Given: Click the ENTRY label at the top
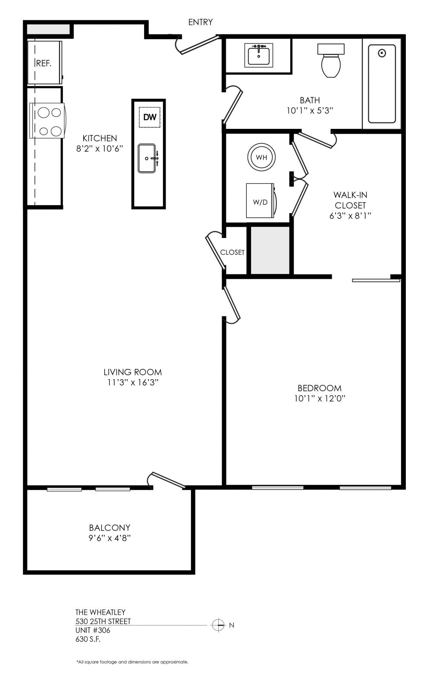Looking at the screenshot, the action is pyautogui.click(x=200, y=22).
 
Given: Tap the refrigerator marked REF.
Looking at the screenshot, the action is pyautogui.click(x=45, y=62).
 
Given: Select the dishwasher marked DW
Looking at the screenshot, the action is pyautogui.click(x=150, y=117).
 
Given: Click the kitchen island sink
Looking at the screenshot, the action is pyautogui.click(x=147, y=158).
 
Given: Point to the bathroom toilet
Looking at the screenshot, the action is pyautogui.click(x=331, y=60).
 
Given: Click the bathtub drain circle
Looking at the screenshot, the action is pyautogui.click(x=382, y=53).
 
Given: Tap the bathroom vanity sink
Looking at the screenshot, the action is pyautogui.click(x=259, y=56).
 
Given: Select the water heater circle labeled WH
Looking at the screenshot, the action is pyautogui.click(x=261, y=157).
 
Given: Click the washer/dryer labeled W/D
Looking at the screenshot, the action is pyautogui.click(x=261, y=200).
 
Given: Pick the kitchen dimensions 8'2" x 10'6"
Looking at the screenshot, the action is pyautogui.click(x=100, y=149).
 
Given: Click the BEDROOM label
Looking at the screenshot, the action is pyautogui.click(x=320, y=388).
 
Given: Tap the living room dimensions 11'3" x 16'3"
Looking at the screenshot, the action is pyautogui.click(x=133, y=382).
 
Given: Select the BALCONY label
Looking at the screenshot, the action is pyautogui.click(x=110, y=527).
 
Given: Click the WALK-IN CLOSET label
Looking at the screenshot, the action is pyautogui.click(x=350, y=200).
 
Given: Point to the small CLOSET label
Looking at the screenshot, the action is pyautogui.click(x=232, y=252).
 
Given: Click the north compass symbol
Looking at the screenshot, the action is pyautogui.click(x=218, y=625).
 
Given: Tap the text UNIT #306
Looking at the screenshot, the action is pyautogui.click(x=93, y=630).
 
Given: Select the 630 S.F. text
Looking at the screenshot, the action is pyautogui.click(x=88, y=639).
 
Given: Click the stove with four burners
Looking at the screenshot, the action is pyautogui.click(x=47, y=121).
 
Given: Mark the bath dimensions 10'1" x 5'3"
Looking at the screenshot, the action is pyautogui.click(x=310, y=110).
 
